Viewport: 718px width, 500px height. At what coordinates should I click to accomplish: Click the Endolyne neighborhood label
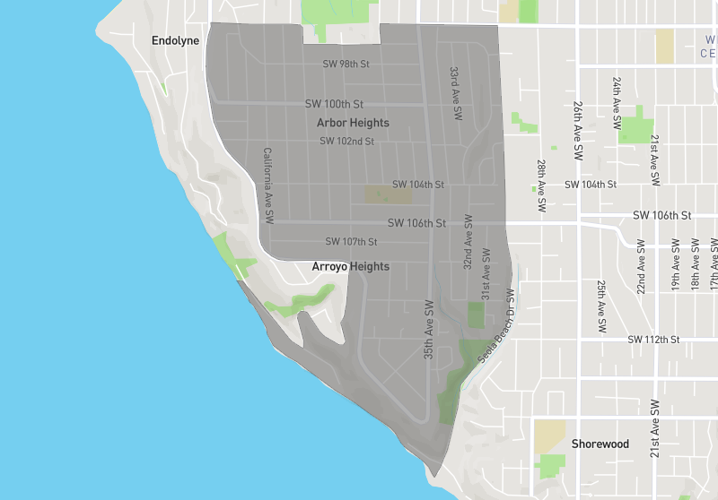[175, 41]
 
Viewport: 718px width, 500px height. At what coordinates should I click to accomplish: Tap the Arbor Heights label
[353, 122]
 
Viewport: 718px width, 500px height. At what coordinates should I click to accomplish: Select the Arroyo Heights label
[350, 266]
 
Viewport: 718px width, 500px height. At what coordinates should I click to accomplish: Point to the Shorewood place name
[600, 444]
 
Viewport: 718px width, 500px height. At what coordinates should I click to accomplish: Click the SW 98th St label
[346, 64]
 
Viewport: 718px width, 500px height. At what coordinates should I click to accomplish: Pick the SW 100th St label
[334, 104]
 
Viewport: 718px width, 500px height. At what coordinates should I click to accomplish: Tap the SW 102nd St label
[346, 141]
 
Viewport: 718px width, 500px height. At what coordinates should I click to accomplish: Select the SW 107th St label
[350, 241]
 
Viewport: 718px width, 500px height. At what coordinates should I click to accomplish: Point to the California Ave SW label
[267, 185]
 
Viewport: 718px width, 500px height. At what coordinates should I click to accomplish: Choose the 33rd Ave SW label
[455, 93]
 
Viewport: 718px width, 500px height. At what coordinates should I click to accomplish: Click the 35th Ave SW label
[429, 329]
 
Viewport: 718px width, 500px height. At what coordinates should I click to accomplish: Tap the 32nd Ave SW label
[468, 242]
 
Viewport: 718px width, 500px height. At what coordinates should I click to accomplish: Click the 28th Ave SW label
[541, 185]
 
